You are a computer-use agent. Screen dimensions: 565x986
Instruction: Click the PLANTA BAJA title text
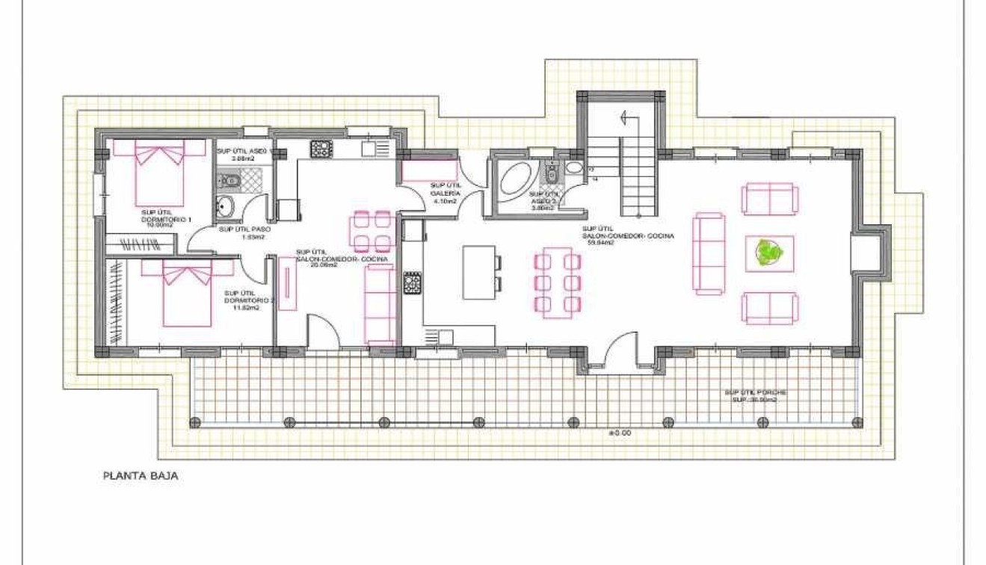click(141, 475)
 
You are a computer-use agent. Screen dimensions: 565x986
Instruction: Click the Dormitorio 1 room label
click(167, 216)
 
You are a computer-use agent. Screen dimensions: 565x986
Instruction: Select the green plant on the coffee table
click(768, 253)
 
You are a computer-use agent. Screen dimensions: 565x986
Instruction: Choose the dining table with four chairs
click(372, 231)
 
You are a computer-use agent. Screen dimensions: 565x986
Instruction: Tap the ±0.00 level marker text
click(620, 432)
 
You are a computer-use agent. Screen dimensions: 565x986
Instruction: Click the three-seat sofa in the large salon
click(709, 253)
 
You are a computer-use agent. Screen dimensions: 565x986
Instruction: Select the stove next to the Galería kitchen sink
click(321, 148)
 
